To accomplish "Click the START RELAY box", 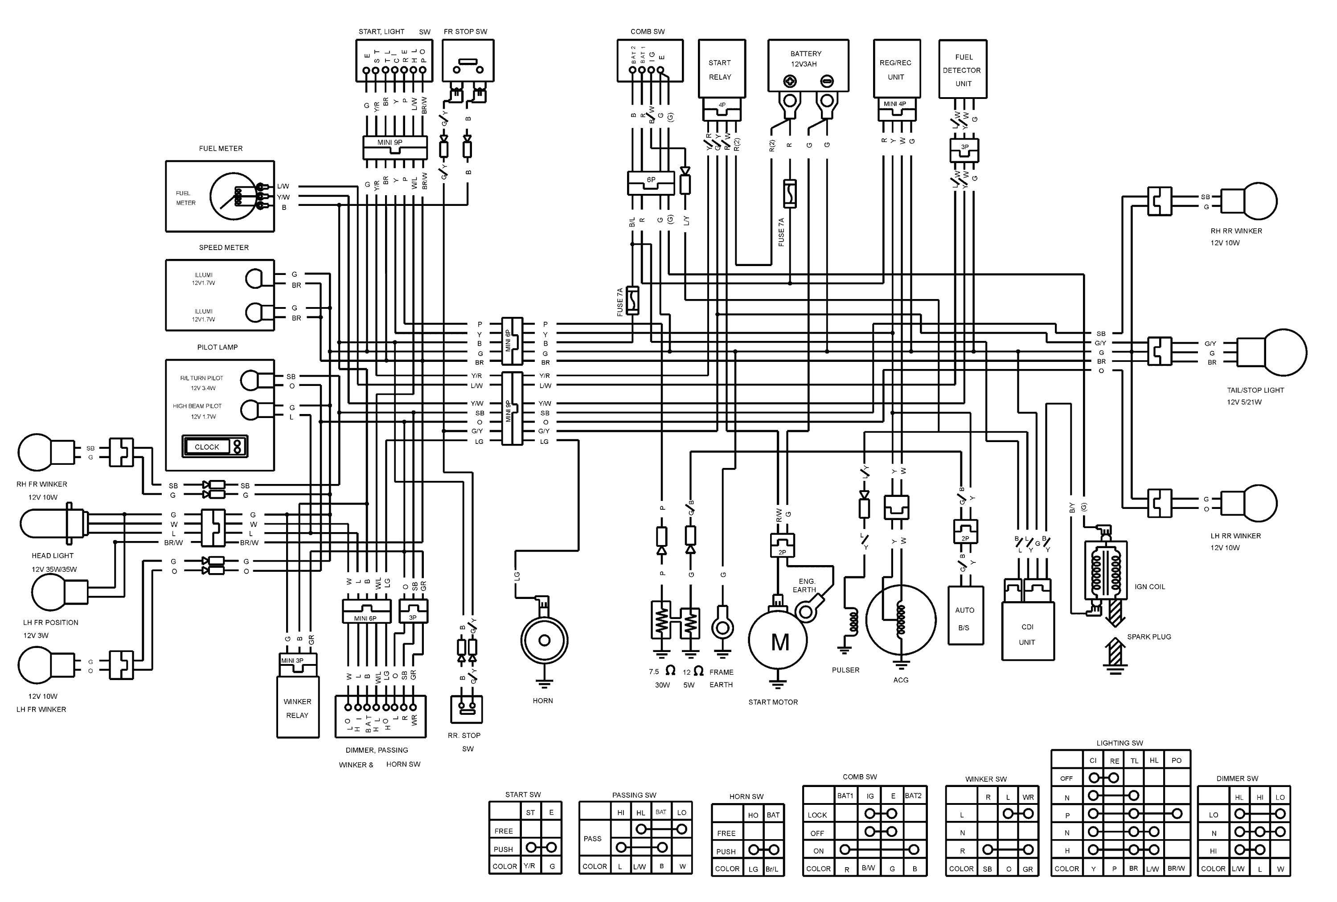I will click(722, 69).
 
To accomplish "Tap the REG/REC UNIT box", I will click(896, 69).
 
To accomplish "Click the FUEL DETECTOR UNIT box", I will click(963, 69).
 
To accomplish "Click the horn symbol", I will click(544, 640).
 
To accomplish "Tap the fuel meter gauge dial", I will click(233, 196).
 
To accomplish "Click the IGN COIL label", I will click(1149, 587).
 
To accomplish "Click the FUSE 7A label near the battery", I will click(781, 232).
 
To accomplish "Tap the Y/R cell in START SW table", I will click(529, 866).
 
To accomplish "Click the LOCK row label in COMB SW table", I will click(817, 815).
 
